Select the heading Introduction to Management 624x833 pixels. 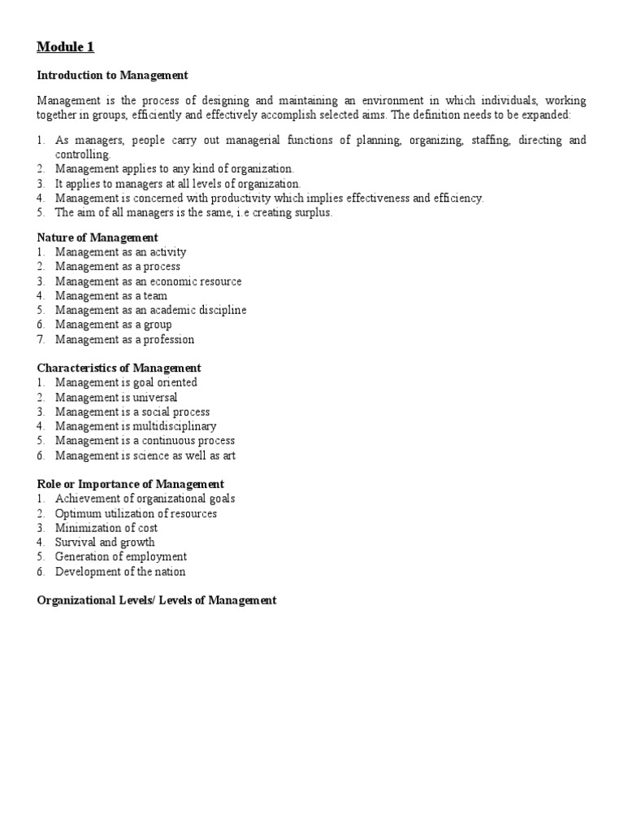pos(113,75)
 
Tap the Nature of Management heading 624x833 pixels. pos(97,238)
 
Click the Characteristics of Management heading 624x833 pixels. pos(119,368)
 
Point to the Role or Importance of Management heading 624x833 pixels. pos(131,484)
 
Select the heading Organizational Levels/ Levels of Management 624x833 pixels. pos(157,600)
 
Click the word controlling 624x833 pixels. pos(83,155)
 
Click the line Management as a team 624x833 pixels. pos(111,295)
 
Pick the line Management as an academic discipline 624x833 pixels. pos(151,310)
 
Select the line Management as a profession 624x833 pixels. pos(125,339)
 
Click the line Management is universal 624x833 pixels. pos(116,397)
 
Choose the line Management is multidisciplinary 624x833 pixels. pos(136,426)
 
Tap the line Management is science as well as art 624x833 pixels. pos(145,456)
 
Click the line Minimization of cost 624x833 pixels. pos(106,528)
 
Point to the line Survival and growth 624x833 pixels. pos(105,543)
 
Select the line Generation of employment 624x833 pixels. pos(121,557)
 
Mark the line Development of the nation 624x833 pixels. pos(120,572)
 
